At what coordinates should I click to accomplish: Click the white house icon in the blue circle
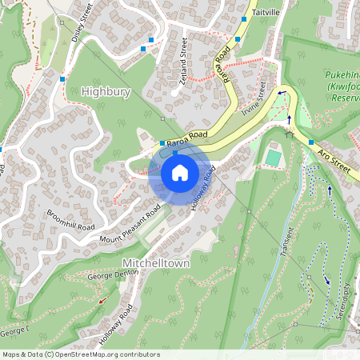click(179, 172)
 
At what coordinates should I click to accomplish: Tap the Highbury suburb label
click(106, 92)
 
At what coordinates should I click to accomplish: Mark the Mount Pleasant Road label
click(130, 224)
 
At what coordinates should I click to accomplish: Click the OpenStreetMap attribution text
click(81, 354)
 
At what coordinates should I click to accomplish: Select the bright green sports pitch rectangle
click(274, 158)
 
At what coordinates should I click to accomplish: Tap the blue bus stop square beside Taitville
click(243, 18)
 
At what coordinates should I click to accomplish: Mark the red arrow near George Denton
click(102, 301)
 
